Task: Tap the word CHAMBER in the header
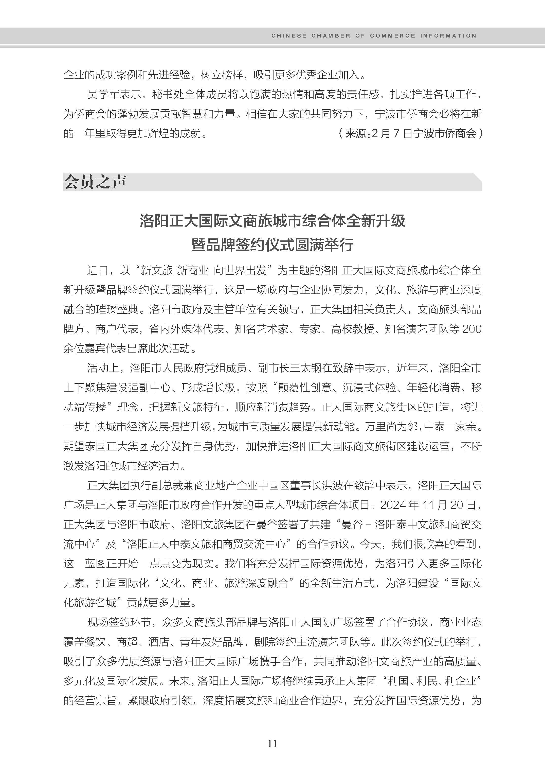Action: (331, 36)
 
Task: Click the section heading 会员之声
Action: (95, 182)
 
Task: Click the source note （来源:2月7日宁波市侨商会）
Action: (410, 133)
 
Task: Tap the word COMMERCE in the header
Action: (392, 36)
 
